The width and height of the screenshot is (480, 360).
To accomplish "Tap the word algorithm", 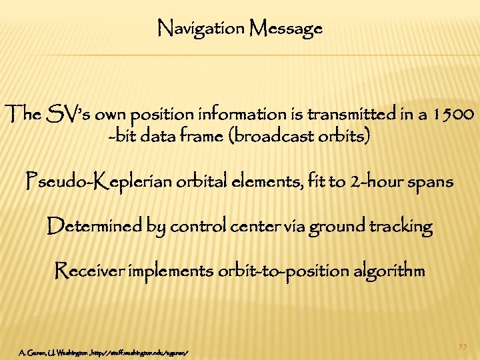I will click(x=387, y=271).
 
